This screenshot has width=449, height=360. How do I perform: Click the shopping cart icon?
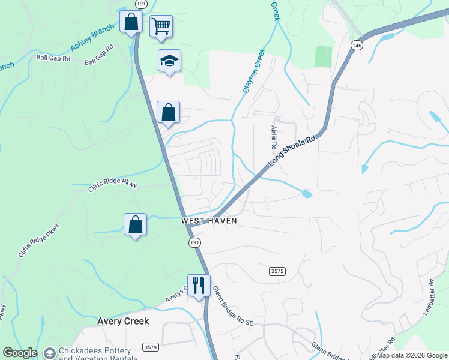161,26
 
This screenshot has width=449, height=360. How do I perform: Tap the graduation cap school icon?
169,61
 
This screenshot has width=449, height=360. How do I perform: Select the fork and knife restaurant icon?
197,285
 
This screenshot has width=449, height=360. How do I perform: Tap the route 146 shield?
357,46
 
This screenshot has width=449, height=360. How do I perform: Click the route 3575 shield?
277,271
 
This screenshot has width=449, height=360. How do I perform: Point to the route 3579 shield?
151,347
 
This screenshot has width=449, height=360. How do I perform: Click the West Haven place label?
209,221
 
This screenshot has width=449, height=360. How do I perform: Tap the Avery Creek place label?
123,322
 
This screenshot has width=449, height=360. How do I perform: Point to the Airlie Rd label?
274,137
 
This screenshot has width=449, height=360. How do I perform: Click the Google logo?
20,353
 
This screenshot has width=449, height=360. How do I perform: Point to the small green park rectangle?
323,56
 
